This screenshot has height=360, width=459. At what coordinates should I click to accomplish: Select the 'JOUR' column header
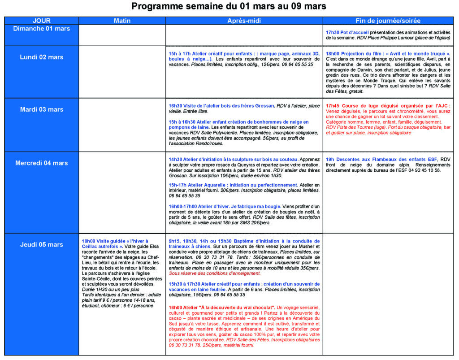pyautogui.click(x=42, y=21)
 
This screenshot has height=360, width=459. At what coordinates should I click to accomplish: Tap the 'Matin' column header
pyautogui.click(x=122, y=21)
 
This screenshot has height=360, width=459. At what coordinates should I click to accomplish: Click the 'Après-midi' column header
pyautogui.click(x=244, y=21)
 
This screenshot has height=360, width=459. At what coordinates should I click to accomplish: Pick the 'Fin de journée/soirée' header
pyautogui.click(x=388, y=21)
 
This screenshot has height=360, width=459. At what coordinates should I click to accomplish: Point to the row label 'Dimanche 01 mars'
pyautogui.click(x=42, y=29)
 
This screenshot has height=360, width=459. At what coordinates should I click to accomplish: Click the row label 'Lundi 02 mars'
pyautogui.click(x=42, y=57)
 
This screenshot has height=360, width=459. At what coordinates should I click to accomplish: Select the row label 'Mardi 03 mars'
pyautogui.click(x=42, y=109)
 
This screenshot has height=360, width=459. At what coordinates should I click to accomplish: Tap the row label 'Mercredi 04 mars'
pyautogui.click(x=42, y=163)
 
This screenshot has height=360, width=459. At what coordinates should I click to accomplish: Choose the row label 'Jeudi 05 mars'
pyautogui.click(x=42, y=244)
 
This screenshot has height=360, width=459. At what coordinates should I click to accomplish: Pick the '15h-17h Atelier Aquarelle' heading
pyautogui.click(x=233, y=185)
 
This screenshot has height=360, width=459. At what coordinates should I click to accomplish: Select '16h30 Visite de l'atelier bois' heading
pyautogui.click(x=221, y=106)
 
